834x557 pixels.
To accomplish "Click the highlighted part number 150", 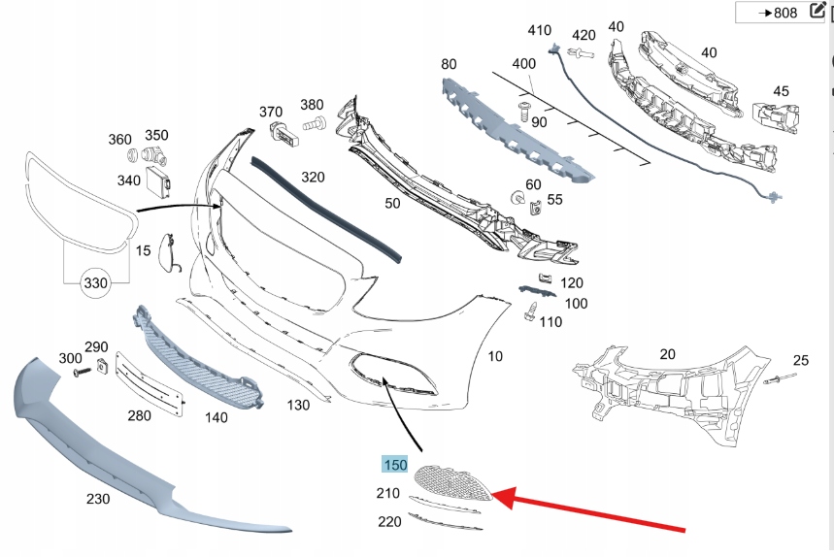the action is click(395, 465).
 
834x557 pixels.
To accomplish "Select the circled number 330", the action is click(96, 282).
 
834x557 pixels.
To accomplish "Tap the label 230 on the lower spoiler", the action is click(98, 499).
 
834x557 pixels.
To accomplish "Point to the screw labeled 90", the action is click(524, 111).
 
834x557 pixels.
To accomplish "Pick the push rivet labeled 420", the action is click(581, 52).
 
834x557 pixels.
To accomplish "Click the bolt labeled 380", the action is click(315, 124).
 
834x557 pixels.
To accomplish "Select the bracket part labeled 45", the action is click(776, 116).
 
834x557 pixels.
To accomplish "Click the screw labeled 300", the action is click(82, 372).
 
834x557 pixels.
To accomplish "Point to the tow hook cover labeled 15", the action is click(169, 252).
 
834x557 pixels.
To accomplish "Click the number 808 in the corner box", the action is click(785, 13).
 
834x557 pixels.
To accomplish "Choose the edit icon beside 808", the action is click(817, 11).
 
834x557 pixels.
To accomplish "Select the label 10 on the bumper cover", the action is click(495, 356).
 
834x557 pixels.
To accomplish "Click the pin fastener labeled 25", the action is click(781, 378).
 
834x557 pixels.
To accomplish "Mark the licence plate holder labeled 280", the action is click(150, 383).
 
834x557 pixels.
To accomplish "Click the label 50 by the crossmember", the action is click(392, 203).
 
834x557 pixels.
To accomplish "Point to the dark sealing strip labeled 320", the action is click(326, 210).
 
